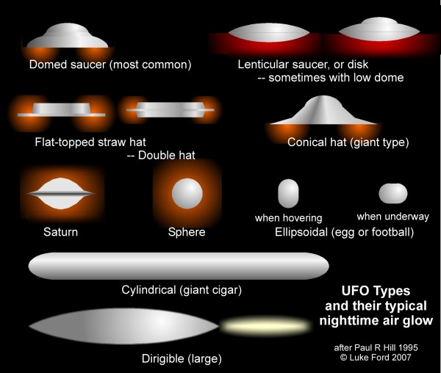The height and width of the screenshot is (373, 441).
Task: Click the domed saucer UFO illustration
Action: point(68,37)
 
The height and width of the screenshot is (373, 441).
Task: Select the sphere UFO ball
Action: point(186,193)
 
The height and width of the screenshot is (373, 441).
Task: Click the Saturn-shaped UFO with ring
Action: point(61,193)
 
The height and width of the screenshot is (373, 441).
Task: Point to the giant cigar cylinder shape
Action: point(178,265)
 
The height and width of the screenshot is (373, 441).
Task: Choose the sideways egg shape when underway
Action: point(392,193)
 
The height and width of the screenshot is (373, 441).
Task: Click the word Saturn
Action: point(60,233)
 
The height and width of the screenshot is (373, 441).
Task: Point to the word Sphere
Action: point(186,233)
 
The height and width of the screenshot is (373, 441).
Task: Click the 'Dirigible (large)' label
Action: point(181,358)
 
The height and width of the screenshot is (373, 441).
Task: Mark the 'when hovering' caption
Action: point(288,218)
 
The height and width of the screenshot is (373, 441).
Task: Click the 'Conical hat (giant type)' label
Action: point(348,142)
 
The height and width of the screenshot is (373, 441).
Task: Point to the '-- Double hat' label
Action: point(159,155)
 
